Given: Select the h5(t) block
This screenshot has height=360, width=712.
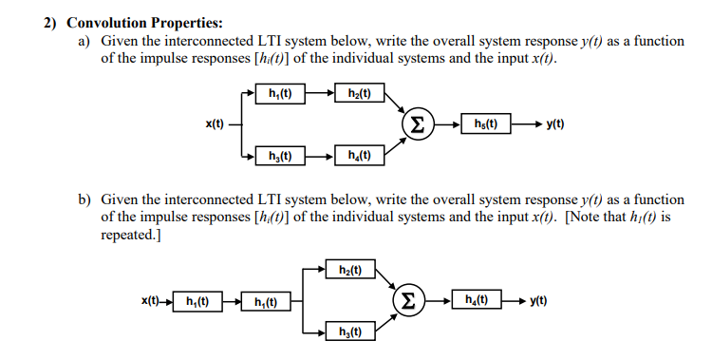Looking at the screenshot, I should (485, 123).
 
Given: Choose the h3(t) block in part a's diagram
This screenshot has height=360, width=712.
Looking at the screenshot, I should (280, 155).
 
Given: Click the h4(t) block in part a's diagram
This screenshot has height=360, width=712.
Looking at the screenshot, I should (360, 155).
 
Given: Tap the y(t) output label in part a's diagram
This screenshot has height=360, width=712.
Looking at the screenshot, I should (555, 123).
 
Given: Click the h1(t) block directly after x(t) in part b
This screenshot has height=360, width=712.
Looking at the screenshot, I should (198, 302).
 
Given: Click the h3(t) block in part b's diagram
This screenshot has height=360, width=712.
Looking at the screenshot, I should (350, 332).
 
